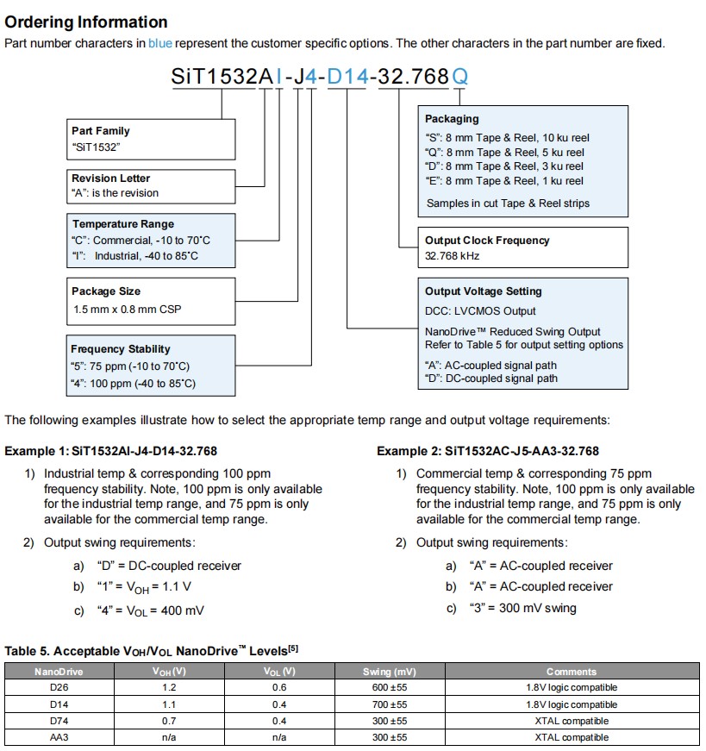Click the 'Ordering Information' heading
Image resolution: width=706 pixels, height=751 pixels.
point(86,22)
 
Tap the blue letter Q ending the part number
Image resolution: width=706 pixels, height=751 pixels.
point(460,77)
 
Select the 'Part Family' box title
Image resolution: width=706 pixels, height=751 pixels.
point(101,131)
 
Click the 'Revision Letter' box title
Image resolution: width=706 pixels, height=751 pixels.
point(110,178)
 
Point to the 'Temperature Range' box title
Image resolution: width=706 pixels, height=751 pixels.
point(122,224)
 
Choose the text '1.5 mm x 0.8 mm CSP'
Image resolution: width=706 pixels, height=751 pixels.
point(127,310)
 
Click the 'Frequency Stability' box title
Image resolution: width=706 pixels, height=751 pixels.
point(121,349)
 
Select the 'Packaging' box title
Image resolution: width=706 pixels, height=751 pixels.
point(452,119)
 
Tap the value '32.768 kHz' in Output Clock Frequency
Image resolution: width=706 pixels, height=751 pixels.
point(452,256)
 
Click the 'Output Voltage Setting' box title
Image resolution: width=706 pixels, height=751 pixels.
point(484,291)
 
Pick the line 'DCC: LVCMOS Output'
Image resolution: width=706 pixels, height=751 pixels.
point(480,311)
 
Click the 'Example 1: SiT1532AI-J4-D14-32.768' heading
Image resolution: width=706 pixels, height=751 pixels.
point(110,451)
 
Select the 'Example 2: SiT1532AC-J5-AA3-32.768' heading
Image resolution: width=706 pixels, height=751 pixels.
point(487,451)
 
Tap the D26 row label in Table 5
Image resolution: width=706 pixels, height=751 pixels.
point(59,688)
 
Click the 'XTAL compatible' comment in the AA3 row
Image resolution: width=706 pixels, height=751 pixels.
point(571,737)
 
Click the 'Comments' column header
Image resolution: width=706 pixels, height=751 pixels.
point(571,672)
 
